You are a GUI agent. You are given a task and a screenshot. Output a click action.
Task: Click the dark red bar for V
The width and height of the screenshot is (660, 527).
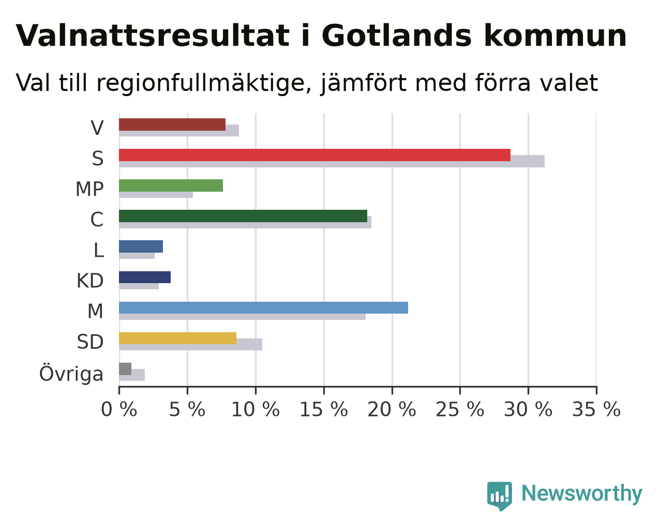tap(172, 125)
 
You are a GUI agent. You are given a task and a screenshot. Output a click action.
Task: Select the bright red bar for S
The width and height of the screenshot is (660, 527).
tap(314, 155)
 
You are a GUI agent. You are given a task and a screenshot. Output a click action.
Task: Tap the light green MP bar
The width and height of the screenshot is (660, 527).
tap(171, 185)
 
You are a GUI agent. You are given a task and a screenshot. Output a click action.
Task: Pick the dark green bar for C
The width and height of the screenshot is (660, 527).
tap(243, 216)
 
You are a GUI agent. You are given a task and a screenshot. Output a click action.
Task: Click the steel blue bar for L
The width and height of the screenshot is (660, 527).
tap(141, 246)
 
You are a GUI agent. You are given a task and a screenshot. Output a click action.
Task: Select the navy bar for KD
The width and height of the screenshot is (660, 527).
tap(145, 277)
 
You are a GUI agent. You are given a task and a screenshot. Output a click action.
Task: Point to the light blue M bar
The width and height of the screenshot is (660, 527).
tap(263, 307)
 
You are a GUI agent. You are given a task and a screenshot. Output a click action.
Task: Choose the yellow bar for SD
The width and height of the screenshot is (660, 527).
tap(177, 338)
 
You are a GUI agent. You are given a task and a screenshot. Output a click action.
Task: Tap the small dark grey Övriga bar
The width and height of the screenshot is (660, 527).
tap(125, 369)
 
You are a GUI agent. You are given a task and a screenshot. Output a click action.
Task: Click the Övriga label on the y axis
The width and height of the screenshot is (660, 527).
tap(71, 373)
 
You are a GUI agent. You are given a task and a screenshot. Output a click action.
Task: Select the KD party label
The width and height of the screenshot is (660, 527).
tap(90, 281)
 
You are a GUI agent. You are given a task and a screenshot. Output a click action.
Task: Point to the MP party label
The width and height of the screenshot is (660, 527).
tap(89, 189)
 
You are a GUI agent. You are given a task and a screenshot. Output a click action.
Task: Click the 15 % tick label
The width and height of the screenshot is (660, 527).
tap(324, 410)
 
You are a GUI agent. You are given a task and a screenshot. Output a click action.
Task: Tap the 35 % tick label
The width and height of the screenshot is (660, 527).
tap(596, 410)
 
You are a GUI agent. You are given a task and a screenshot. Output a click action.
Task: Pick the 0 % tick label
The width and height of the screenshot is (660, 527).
tap(119, 410)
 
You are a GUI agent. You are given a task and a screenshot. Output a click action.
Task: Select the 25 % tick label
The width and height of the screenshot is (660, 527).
tap(460, 410)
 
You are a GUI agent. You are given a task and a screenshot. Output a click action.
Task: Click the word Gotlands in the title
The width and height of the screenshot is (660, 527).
tap(396, 36)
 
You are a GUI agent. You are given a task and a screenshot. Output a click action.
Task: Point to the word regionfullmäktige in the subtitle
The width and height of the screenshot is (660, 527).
tap(204, 83)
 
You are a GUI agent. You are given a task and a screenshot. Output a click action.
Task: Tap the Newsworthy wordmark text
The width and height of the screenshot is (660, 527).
tap(582, 494)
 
